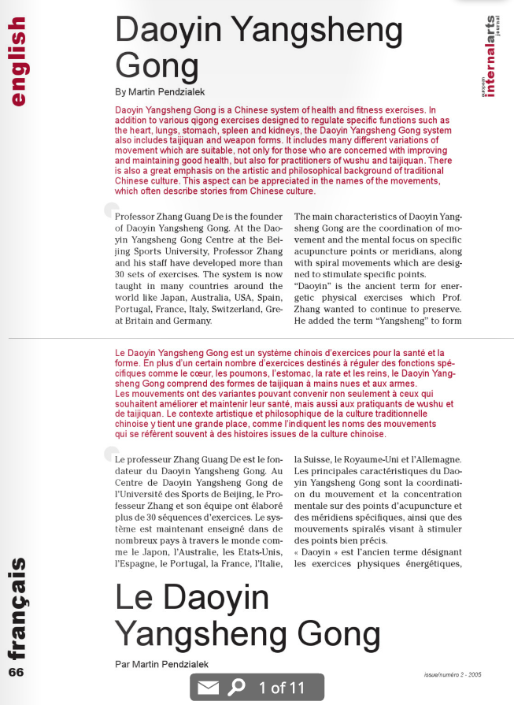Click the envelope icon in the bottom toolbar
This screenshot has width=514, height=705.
pos(208,688)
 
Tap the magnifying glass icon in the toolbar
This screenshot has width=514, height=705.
pos(236,688)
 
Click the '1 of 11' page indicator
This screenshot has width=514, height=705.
pos(281,688)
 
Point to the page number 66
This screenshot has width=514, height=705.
pos(17,672)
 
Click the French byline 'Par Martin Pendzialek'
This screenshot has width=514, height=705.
pos(157,664)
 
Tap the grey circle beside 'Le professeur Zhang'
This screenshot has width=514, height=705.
pos(111,453)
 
